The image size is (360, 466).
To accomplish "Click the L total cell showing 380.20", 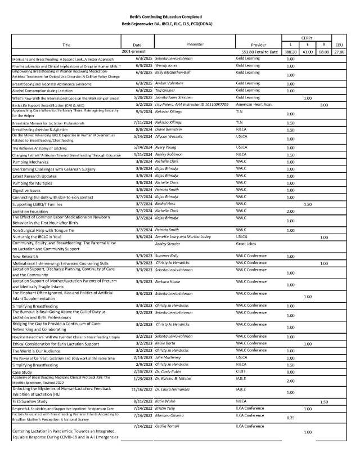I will click(x=290, y=51).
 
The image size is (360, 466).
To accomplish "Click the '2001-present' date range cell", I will click(x=137, y=51).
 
